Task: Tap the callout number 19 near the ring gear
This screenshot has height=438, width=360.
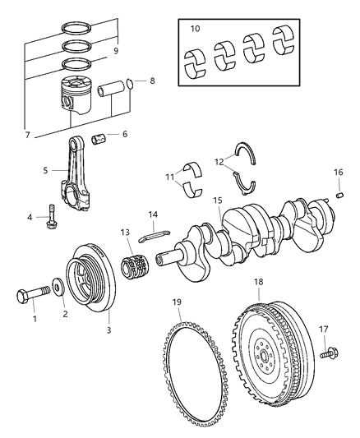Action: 176,302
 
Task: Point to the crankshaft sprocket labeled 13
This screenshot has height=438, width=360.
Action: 133,270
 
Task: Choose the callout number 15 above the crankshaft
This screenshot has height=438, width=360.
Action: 217,201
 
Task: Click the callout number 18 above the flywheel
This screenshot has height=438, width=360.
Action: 259,282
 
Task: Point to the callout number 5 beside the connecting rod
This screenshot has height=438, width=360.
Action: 44,172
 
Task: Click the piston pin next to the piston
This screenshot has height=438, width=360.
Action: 109,89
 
